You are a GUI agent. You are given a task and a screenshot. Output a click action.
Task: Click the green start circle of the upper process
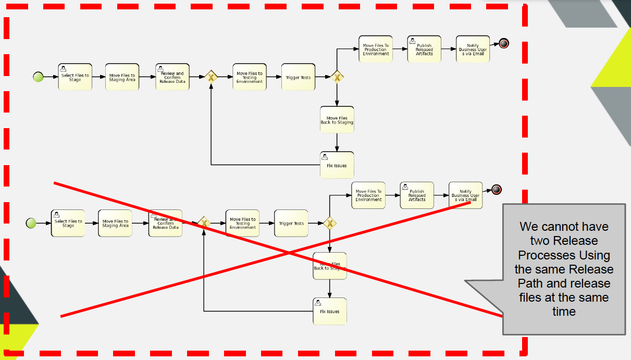click(x=38, y=77)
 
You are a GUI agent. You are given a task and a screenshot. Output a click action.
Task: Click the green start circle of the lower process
click(x=31, y=223)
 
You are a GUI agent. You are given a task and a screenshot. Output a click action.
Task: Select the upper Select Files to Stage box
click(x=75, y=77)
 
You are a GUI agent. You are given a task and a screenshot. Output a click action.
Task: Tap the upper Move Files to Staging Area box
click(x=122, y=77)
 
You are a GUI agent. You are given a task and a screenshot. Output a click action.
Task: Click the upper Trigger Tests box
click(x=298, y=77)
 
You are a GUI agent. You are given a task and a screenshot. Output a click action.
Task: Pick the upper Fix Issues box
click(x=337, y=165)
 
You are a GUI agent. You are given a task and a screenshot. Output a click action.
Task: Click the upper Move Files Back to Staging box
click(x=337, y=120)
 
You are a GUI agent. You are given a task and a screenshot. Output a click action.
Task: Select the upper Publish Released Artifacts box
click(x=424, y=49)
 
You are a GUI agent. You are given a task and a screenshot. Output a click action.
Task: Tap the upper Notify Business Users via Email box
click(x=473, y=49)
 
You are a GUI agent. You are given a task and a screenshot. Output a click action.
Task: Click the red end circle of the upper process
click(x=503, y=43)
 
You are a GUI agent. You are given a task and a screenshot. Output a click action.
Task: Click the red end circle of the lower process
click(x=496, y=190)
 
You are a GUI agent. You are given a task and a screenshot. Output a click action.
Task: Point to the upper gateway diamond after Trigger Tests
click(x=337, y=77)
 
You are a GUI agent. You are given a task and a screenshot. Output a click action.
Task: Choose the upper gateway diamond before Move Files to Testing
click(x=211, y=77)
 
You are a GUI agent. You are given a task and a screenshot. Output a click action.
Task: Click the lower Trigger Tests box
click(x=291, y=223)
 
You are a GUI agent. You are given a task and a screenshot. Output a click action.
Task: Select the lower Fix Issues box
click(x=329, y=311)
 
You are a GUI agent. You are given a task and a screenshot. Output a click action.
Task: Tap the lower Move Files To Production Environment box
click(x=368, y=195)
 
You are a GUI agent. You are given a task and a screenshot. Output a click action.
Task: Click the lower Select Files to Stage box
click(x=68, y=223)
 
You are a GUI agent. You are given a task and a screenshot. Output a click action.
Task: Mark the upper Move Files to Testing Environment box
click(x=249, y=77)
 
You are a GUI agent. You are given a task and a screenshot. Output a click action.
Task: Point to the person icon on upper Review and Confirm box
click(x=160, y=69)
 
